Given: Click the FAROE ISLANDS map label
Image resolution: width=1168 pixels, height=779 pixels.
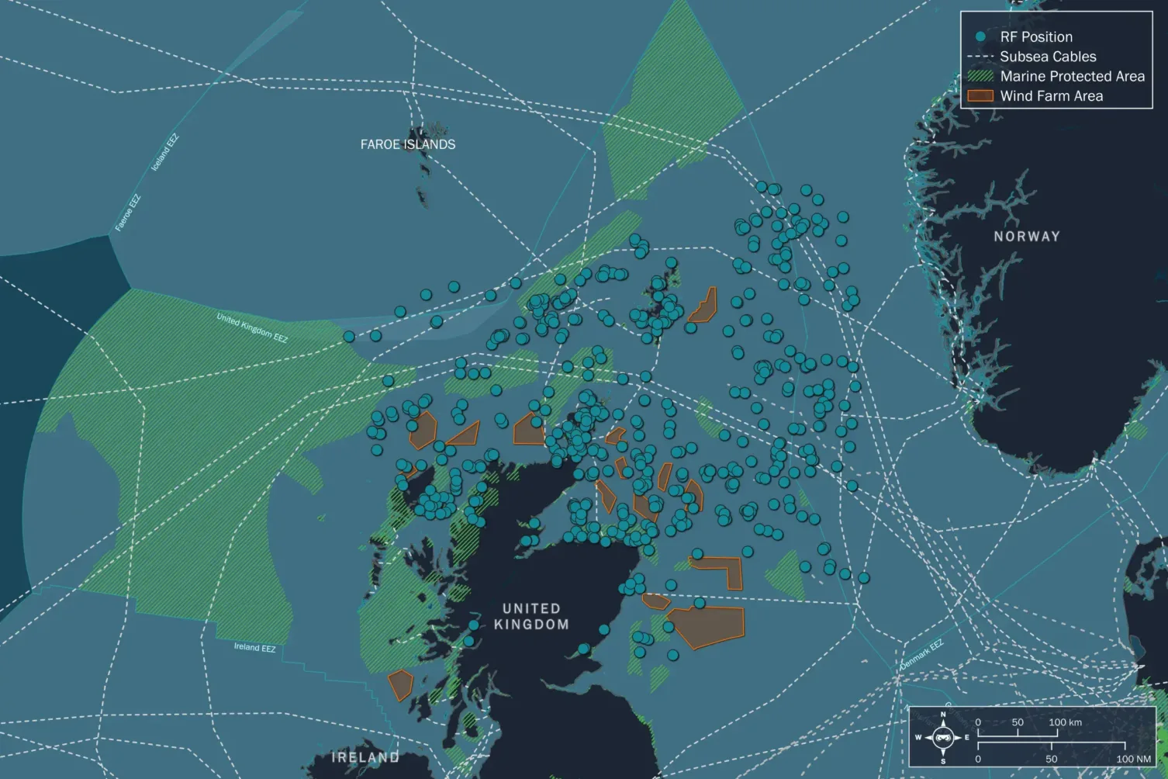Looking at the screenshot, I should (x=407, y=144).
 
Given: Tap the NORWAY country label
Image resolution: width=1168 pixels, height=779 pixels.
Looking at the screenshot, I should (x=1026, y=236).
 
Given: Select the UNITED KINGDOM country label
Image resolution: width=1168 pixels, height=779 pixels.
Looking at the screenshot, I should (x=531, y=616).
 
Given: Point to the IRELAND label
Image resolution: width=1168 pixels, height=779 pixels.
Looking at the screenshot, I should (x=365, y=757).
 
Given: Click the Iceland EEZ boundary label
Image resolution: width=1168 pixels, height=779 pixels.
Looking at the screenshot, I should (x=165, y=152).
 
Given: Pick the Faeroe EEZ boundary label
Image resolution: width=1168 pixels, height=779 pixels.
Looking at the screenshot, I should (x=128, y=213).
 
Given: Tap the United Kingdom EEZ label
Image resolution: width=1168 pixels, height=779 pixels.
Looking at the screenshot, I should (x=252, y=328).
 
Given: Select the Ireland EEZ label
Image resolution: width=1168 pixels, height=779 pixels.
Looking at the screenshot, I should (x=254, y=647).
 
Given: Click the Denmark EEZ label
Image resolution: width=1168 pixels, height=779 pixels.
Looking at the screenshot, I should (x=921, y=655).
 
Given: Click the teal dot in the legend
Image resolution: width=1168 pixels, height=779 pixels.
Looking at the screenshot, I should (x=980, y=36).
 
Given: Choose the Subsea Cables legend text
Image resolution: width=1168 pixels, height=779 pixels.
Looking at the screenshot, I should (x=1048, y=57).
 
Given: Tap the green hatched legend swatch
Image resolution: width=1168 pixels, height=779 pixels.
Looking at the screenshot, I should (x=980, y=76).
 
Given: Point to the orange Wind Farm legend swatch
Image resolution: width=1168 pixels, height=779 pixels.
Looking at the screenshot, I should (x=980, y=96).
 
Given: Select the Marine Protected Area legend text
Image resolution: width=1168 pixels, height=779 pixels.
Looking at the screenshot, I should (x=1072, y=76).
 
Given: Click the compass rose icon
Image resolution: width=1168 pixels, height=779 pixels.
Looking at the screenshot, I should (x=943, y=737).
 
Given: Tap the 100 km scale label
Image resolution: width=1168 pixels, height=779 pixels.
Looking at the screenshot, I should (x=1065, y=722).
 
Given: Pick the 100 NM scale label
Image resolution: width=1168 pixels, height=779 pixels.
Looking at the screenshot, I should (x=1133, y=759).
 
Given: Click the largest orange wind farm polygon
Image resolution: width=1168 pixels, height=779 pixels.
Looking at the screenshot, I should (x=707, y=626).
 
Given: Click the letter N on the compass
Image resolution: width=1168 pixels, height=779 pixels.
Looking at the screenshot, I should (x=943, y=715).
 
